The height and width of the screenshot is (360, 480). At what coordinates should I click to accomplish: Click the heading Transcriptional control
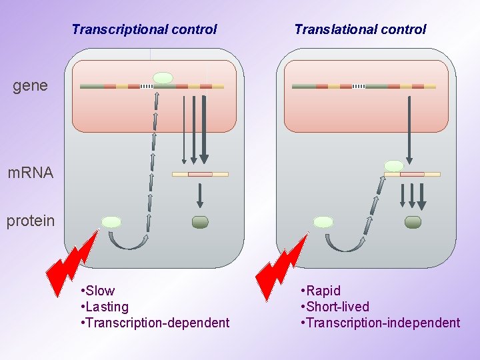coord(144,29)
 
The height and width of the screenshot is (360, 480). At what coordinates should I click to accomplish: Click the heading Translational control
coord(360,29)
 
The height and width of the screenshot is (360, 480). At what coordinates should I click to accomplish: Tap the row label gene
coord(30,85)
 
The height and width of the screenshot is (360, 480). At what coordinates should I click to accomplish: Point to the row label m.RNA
coord(30,173)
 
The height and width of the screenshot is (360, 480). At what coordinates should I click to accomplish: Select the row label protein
coord(31,221)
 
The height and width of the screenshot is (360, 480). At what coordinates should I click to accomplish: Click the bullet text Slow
coord(100,291)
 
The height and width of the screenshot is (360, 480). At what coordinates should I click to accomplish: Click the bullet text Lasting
coord(107,307)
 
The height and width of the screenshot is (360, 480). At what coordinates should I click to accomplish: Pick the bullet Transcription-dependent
coord(157,323)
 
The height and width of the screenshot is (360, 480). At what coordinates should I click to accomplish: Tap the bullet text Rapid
coord(323,291)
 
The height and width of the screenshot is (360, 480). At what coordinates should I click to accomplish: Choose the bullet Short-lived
coord(337,307)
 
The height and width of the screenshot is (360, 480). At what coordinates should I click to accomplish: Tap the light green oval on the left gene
coord(163,78)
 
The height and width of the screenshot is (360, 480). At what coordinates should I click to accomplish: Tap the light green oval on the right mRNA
coord(394,165)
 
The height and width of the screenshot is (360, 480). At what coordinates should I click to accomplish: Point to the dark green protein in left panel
coord(200,222)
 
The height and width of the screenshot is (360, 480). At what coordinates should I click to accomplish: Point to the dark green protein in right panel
coord(413,222)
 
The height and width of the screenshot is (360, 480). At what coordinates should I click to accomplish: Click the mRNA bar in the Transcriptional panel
coord(200,175)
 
